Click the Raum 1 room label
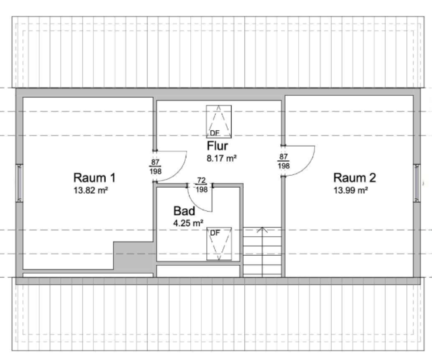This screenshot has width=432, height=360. pyautogui.click(x=94, y=177)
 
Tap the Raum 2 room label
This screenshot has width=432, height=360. pyautogui.click(x=355, y=177)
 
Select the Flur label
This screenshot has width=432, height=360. pyautogui.click(x=217, y=146)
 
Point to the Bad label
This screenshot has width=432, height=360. pyautogui.click(x=184, y=211)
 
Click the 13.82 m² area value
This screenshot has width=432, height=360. pyautogui.click(x=91, y=190)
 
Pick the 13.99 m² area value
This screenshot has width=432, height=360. pyautogui.click(x=351, y=190)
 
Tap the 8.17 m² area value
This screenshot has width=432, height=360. pyautogui.click(x=221, y=159)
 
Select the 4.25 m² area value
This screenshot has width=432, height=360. pyautogui.click(x=188, y=223)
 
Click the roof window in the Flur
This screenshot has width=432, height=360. pyautogui.click(x=219, y=121)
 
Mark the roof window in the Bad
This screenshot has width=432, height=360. pyautogui.click(x=219, y=244)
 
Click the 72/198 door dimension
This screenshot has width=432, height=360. pyautogui.click(x=201, y=185)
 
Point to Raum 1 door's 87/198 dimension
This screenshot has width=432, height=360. pyautogui.click(x=155, y=167)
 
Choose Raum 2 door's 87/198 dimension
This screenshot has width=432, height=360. pyautogui.click(x=283, y=161)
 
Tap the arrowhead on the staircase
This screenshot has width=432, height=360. pyautogui.click(x=262, y=229)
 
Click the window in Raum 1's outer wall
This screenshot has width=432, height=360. pyautogui.click(x=19, y=183)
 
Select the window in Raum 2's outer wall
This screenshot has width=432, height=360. pyautogui.click(x=417, y=183)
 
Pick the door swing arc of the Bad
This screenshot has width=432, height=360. pyautogui.click(x=195, y=204)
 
